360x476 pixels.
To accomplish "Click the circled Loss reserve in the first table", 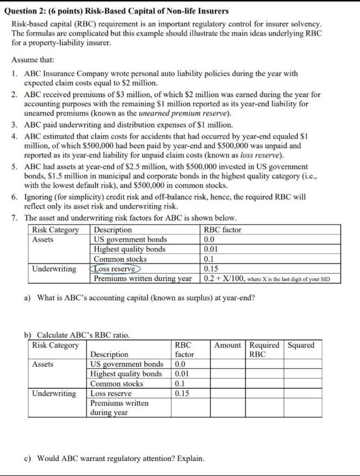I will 115,269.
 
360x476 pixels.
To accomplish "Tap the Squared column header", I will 301,345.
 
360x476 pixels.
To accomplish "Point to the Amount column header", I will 228,345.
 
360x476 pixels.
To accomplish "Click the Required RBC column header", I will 264,350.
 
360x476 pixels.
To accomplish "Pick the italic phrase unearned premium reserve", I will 190,113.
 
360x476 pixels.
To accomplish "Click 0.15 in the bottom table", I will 183,393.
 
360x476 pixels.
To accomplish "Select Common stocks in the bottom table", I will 117,383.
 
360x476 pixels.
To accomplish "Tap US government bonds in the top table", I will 130,239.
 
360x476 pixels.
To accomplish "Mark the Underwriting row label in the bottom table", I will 54,393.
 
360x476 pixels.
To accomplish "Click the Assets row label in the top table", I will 43,239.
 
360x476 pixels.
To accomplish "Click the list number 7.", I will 15,218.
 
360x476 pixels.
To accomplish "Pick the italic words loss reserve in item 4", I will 264,155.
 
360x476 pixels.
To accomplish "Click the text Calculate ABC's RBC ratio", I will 83,335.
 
